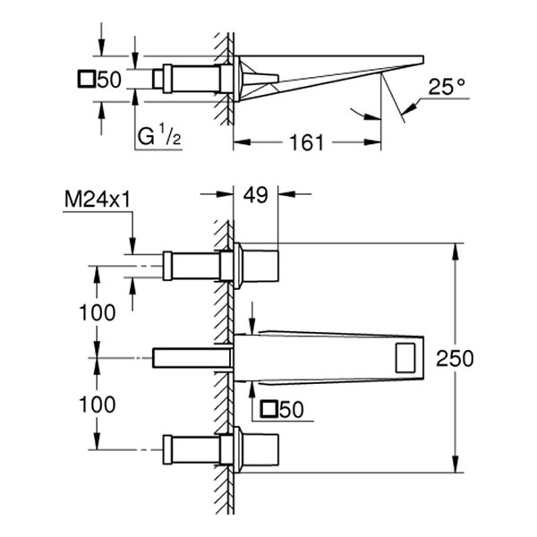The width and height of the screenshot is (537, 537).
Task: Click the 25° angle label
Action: (447, 88)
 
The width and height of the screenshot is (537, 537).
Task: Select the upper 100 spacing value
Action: (97, 312)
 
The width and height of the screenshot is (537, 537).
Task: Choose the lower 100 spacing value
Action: (97, 405)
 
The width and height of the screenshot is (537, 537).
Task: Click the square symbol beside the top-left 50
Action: (86, 80)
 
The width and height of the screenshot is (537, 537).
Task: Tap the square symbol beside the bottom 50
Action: (268, 411)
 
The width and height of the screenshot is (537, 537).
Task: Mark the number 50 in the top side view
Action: (108, 80)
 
